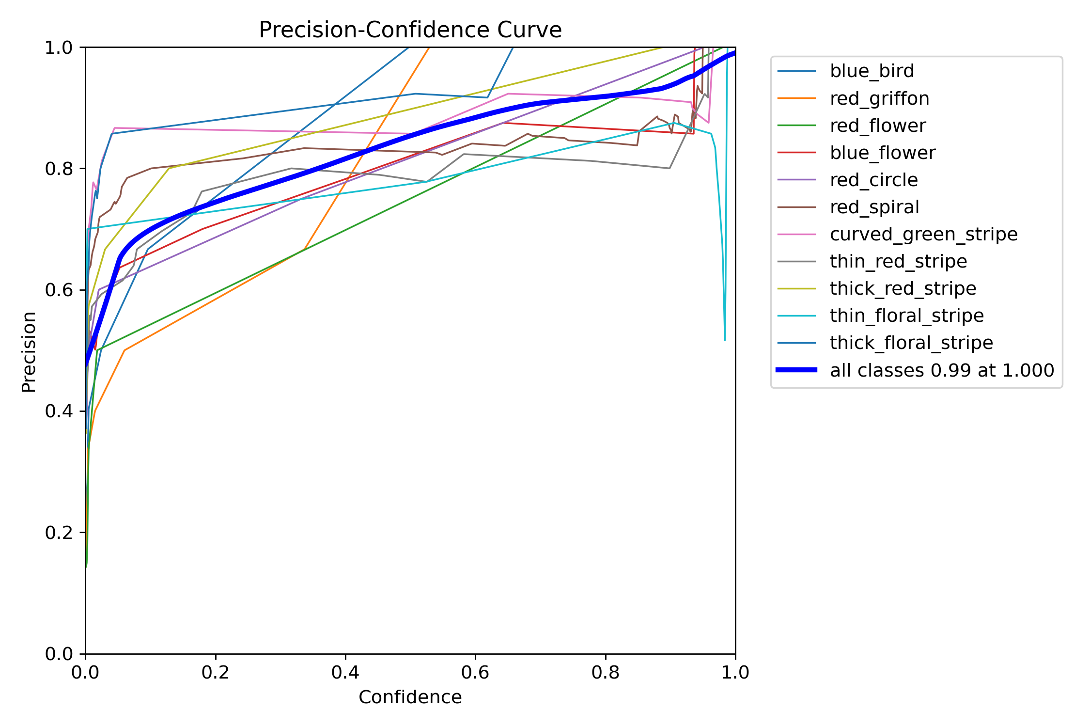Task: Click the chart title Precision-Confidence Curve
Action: coord(410,30)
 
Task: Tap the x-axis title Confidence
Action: coord(410,697)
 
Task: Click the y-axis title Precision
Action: coord(29,351)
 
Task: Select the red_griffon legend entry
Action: coord(879,98)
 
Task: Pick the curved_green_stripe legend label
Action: coord(923,234)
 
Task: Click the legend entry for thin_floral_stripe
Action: coord(906,316)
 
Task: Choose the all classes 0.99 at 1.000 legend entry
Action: coord(942,370)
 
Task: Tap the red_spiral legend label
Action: coord(874,207)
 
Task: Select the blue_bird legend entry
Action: coord(872,71)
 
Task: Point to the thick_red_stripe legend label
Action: coord(903,288)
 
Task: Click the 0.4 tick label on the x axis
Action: coord(345,673)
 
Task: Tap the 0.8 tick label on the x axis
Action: coord(606,673)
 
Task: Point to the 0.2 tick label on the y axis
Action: coord(59,533)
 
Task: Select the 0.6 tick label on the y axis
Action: coord(59,290)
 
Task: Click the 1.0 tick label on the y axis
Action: coord(59,47)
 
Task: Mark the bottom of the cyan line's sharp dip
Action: coord(725,340)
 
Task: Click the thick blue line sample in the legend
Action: coord(796,370)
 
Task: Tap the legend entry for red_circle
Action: coord(873,180)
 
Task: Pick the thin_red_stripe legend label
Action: coord(898,261)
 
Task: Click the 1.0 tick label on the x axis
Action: coord(735,673)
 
